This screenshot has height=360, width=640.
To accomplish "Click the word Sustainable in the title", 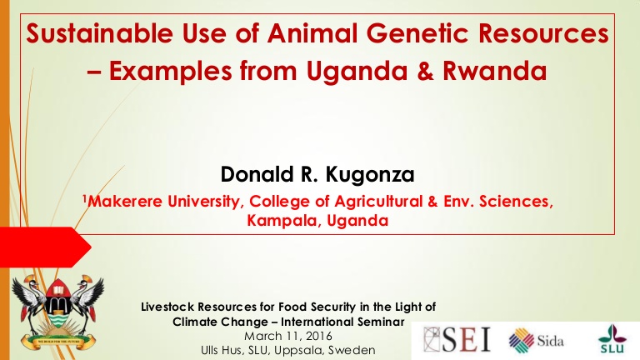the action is [x=100, y=33].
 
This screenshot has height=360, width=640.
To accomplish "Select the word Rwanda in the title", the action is [x=495, y=71].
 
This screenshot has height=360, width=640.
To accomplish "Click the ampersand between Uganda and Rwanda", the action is [x=425, y=71].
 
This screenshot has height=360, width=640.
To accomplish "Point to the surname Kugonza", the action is [x=370, y=175].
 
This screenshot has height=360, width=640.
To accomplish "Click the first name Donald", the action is [x=257, y=174].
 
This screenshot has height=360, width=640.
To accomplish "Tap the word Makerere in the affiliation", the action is [x=125, y=201].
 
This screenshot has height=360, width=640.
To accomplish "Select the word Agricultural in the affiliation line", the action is [x=378, y=202].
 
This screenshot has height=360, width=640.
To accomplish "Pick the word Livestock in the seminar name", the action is [x=167, y=307].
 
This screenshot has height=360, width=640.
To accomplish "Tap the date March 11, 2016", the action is [x=288, y=337].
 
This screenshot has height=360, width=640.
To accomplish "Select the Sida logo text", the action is [x=550, y=341].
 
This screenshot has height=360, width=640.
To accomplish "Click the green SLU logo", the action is [x=612, y=338].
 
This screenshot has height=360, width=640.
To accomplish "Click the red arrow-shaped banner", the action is [x=45, y=247].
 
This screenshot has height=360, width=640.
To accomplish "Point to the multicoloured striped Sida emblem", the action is [x=522, y=340].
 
